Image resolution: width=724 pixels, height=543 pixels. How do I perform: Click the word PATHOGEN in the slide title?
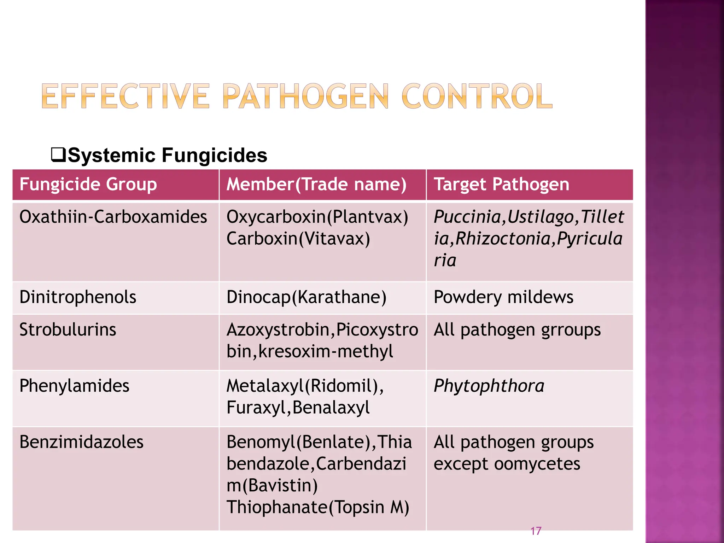tap(305, 96)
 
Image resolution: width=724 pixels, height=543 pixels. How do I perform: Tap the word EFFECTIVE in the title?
tap(125, 96)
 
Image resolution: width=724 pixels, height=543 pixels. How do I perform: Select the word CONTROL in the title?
tap(477, 96)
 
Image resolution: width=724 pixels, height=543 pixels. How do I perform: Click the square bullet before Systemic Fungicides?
tap(58, 155)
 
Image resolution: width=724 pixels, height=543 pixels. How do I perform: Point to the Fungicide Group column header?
tap(88, 185)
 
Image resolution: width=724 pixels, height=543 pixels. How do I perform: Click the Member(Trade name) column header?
tap(316, 185)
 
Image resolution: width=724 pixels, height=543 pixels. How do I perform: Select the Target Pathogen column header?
tap(501, 185)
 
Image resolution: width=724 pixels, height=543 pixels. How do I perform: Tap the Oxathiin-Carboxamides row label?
tap(113, 217)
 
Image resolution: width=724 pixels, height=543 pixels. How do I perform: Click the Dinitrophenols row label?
tap(78, 297)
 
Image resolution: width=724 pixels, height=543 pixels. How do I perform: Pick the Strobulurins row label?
tap(68, 329)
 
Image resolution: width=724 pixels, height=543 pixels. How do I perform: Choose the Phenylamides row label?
tap(74, 386)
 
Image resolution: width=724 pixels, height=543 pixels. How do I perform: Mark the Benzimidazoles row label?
tap(81, 442)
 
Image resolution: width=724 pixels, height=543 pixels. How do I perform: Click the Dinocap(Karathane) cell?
tap(306, 297)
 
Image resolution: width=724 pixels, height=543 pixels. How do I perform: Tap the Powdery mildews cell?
tap(503, 297)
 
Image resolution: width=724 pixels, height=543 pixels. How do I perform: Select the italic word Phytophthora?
tap(489, 386)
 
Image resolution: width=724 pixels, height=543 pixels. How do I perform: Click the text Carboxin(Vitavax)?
tap(298, 239)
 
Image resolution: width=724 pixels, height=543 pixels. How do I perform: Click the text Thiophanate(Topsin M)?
tap(318, 507)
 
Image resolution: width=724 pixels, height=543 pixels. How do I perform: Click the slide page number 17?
tap(536, 531)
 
